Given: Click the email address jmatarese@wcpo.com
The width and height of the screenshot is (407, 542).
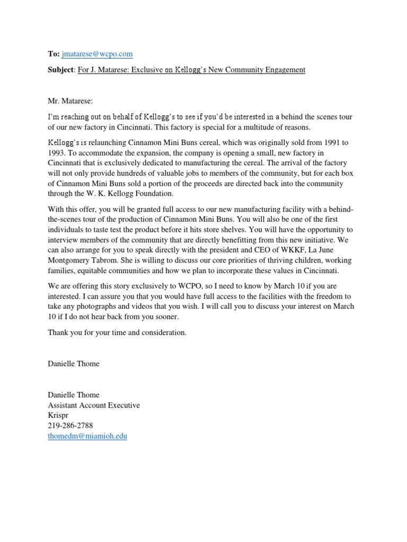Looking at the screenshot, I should pyautogui.click(x=97, y=54).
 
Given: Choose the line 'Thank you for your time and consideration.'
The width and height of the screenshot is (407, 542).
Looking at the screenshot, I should pyautogui.click(x=117, y=332).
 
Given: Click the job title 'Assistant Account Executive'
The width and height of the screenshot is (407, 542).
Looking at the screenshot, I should pyautogui.click(x=94, y=405).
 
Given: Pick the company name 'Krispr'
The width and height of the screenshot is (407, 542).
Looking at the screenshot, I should pyautogui.click(x=59, y=415).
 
